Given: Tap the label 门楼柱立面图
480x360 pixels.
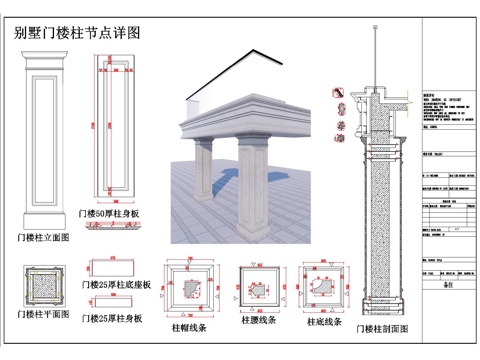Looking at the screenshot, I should coord(43,238).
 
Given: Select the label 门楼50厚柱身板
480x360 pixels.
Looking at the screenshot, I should coord(114,213).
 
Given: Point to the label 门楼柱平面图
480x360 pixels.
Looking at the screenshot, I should coord(43,314).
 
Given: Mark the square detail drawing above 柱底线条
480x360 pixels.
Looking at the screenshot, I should coord(326,288).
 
